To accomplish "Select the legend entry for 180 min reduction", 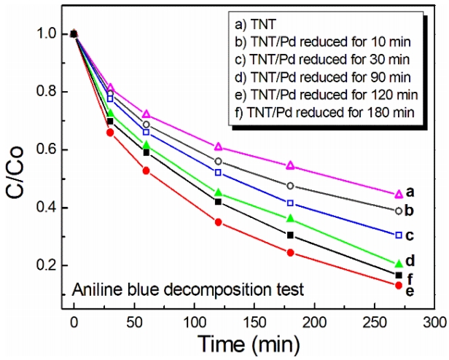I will [x=322, y=111].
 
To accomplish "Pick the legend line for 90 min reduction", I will [x=318, y=77].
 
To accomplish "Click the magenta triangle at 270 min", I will [x=418, y=194].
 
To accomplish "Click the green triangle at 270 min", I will [x=418, y=263].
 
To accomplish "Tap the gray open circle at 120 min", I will [x=218, y=161].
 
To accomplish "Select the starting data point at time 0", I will [x=74, y=34].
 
